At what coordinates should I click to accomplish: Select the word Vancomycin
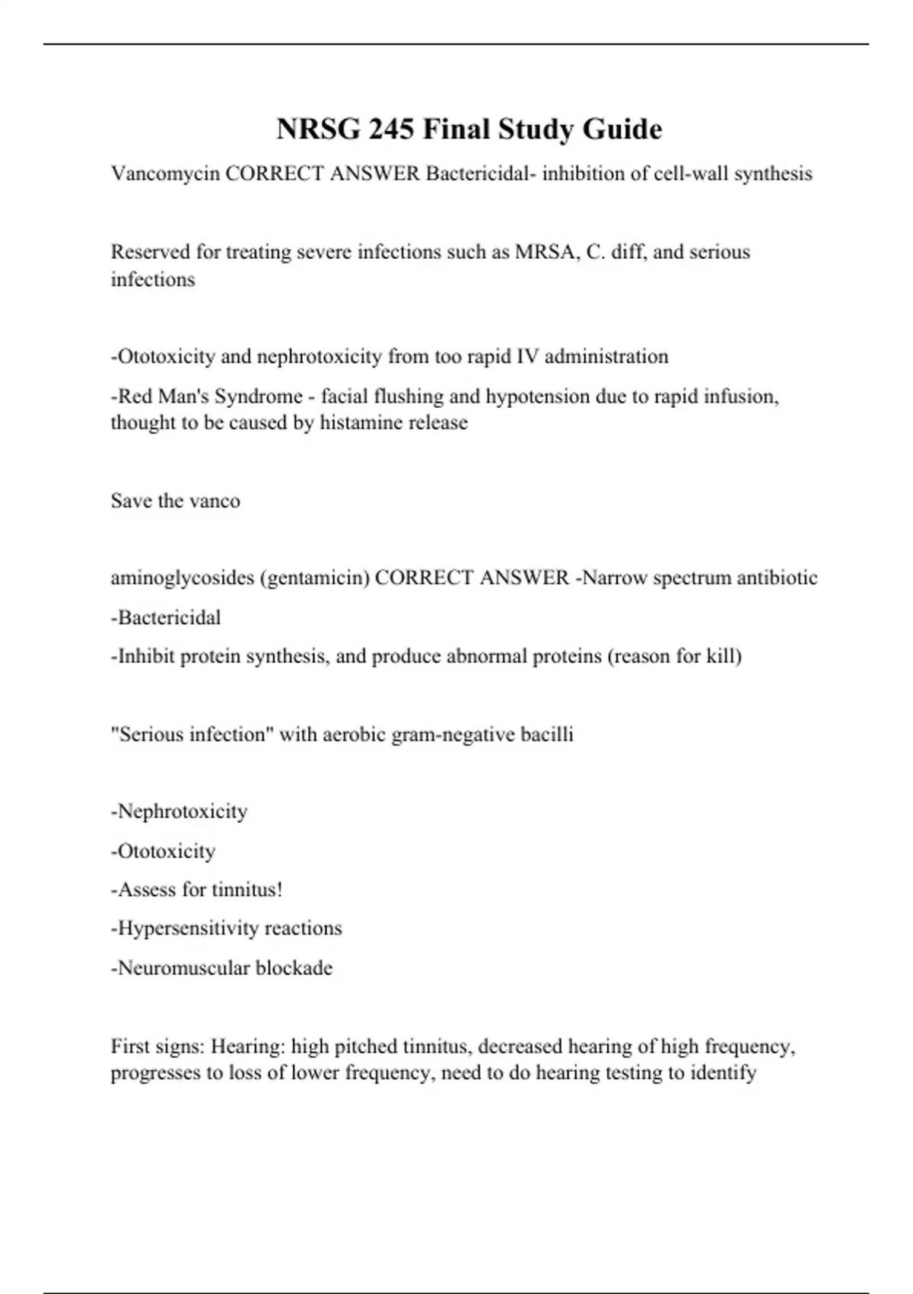pyautogui.click(x=165, y=174)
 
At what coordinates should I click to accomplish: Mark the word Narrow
pyautogui.click(x=615, y=578)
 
